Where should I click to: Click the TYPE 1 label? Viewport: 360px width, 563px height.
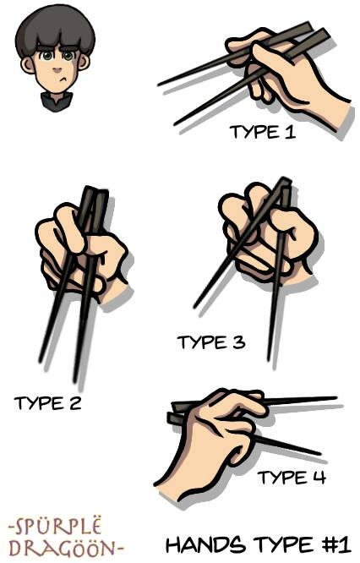[262, 133]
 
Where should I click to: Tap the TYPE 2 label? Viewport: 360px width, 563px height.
[47, 403]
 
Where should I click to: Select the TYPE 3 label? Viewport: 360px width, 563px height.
[211, 342]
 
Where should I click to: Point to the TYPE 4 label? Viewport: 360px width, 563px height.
[292, 478]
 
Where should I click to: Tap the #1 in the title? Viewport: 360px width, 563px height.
[334, 544]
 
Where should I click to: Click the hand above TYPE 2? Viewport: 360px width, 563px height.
[80, 254]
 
